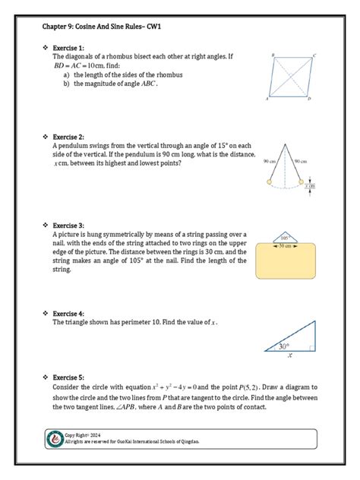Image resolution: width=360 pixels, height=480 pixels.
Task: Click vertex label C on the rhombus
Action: (314, 55)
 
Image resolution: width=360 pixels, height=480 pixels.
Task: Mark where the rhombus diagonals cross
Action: (291, 77)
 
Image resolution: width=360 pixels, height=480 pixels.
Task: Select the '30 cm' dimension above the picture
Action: (286, 246)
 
